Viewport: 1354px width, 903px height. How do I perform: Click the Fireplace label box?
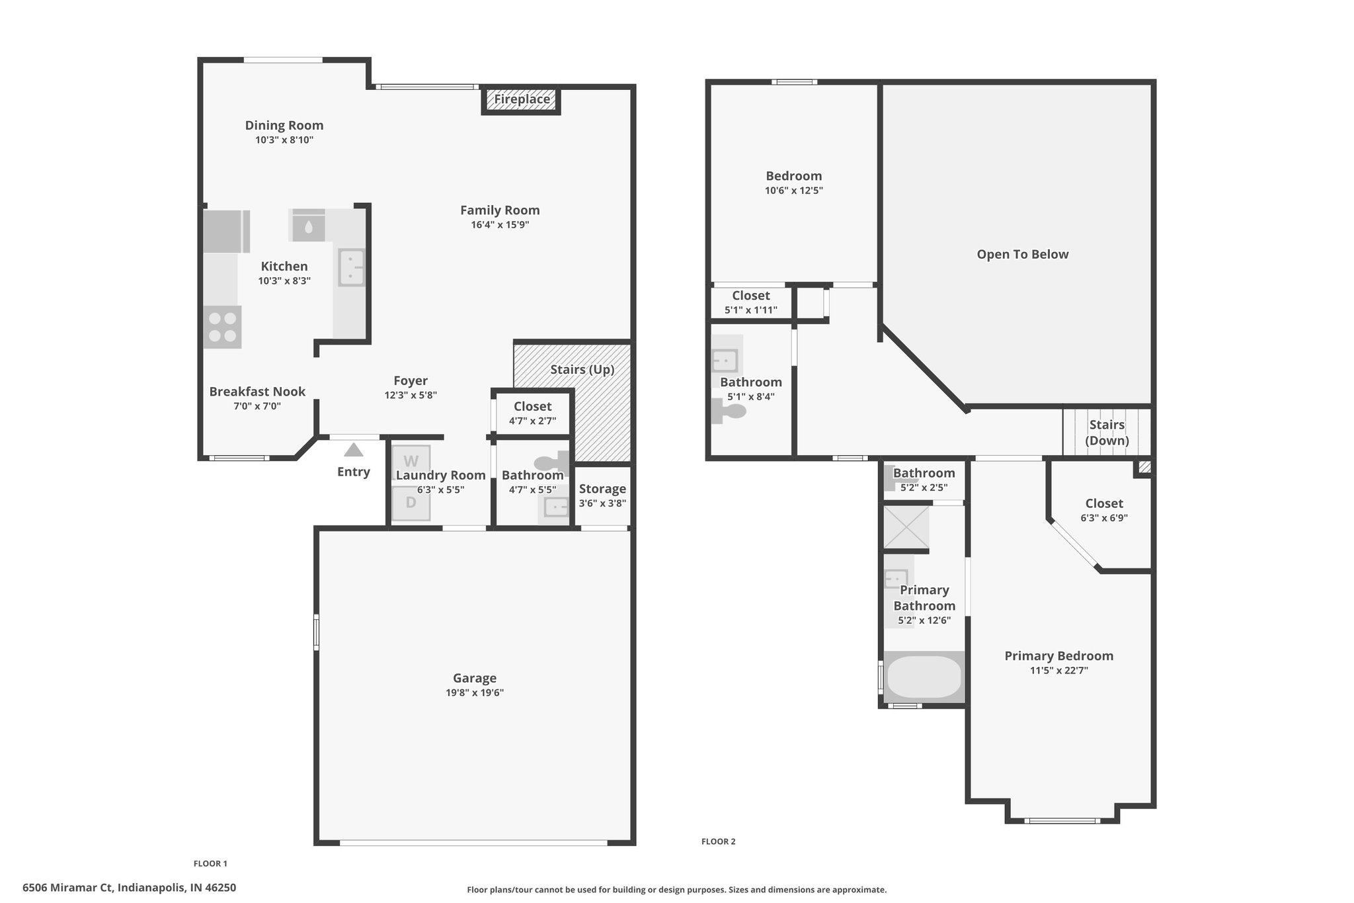pos(522,100)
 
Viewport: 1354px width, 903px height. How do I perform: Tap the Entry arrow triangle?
pos(354,450)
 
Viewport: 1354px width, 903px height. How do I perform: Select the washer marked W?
pos(411,462)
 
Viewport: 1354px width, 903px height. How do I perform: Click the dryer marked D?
pos(411,503)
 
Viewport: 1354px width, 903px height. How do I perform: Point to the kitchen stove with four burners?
pos(222,327)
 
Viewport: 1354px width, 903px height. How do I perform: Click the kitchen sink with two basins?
pos(352,267)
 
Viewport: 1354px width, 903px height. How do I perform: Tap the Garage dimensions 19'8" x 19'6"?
pos(475,693)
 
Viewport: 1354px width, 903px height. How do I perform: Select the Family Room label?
pos(500,210)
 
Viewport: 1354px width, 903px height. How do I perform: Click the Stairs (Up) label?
pos(582,369)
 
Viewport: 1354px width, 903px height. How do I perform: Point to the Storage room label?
pos(602,489)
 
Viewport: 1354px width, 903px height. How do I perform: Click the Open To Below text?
pos(1023,254)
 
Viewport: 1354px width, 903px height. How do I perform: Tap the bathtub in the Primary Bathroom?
pos(924,677)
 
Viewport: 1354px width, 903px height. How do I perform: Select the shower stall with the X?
pos(906,527)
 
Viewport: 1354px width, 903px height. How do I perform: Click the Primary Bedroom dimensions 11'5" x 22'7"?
pos(1059,670)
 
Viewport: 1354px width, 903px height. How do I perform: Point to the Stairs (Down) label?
pos(1107,433)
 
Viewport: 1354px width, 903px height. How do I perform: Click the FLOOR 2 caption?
pos(719,841)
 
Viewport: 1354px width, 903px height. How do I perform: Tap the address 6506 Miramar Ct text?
pos(68,887)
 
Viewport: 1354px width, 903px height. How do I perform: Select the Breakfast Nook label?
pos(257,392)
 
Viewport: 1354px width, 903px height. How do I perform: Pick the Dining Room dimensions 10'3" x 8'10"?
pos(284,140)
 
